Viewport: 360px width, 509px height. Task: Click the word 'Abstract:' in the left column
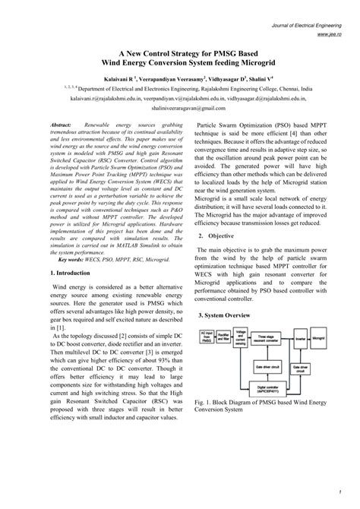(61, 123)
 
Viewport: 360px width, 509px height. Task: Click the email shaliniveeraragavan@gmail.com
(181, 108)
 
